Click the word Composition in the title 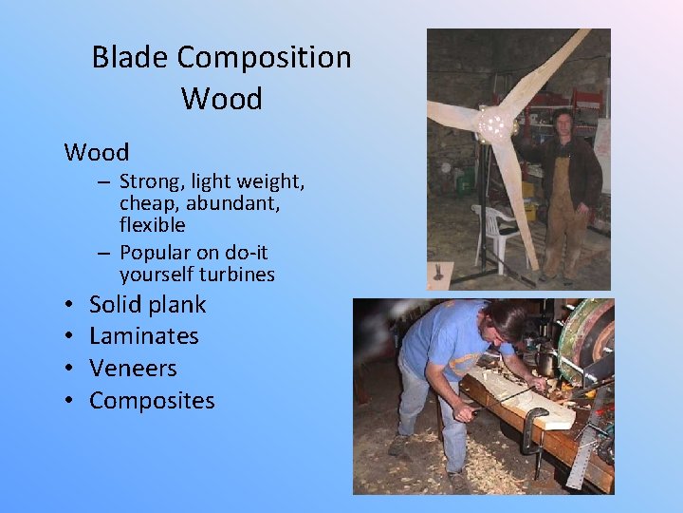click(x=264, y=59)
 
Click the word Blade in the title click(x=129, y=57)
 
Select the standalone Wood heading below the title click(x=97, y=152)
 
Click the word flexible click(x=152, y=225)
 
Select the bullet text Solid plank click(x=147, y=305)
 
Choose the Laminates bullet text click(x=143, y=336)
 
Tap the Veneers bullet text click(x=133, y=369)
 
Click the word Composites click(x=152, y=401)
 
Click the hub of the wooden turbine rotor click(x=495, y=124)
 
